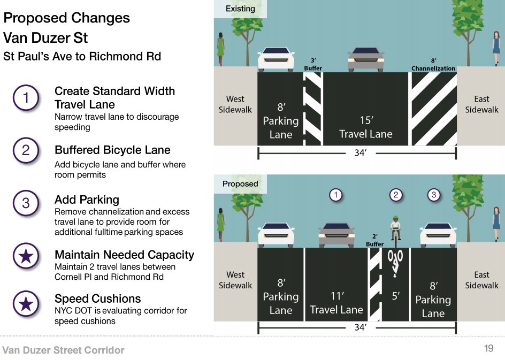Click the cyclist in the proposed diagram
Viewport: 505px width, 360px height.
click(395, 229)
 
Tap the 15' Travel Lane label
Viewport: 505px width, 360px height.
click(366, 128)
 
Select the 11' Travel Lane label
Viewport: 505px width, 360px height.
click(336, 302)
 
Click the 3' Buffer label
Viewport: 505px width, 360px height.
click(313, 65)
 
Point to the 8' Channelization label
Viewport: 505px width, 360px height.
click(433, 65)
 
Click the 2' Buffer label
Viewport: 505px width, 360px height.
click(374, 240)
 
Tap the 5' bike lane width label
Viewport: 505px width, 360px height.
click(395, 295)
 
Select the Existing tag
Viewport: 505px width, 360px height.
click(240, 9)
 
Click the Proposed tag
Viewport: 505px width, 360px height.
click(240, 183)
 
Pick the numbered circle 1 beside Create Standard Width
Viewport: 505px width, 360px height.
click(26, 98)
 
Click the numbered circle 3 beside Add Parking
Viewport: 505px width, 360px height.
click(26, 204)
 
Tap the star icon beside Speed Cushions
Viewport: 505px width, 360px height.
click(26, 304)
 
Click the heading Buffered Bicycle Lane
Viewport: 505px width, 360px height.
click(112, 150)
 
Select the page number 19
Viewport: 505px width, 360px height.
click(488, 349)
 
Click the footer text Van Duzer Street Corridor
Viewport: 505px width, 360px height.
click(63, 350)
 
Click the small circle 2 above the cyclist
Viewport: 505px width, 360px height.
click(395, 195)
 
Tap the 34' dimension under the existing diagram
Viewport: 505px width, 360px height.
click(360, 154)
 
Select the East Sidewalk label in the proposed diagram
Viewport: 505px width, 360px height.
click(481, 280)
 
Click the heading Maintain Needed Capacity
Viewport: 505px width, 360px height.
click(124, 255)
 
